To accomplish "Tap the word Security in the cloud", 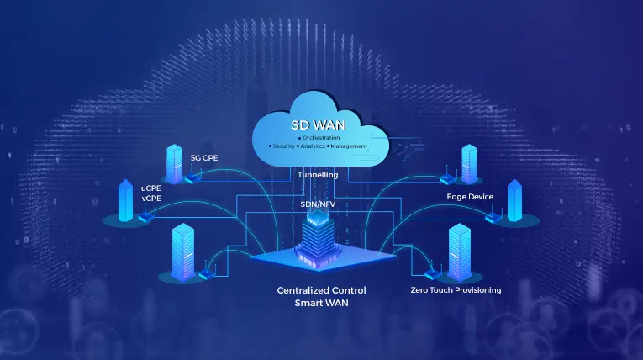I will [x=282, y=146].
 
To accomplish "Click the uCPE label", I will [x=151, y=188].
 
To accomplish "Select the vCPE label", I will [x=151, y=199].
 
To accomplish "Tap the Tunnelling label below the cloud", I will [x=319, y=175].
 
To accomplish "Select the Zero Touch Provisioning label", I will [x=456, y=290].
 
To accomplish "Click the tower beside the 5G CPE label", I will [x=175, y=163].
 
